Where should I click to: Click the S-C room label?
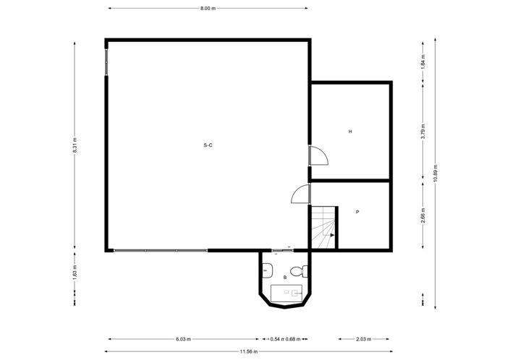coord(208,145)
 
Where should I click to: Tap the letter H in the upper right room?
coord(350,132)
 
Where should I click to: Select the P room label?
coord(357,212)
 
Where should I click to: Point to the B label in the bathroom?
coord(285,277)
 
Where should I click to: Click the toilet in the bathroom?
coord(305,272)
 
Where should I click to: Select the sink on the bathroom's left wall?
coord(267,272)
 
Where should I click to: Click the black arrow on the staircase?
coord(331,235)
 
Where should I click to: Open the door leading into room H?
coord(318,155)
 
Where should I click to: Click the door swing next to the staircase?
coord(301,194)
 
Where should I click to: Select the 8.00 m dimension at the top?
coord(208,9)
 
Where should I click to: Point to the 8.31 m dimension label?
coord(75,145)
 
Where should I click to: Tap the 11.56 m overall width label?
coord(251,351)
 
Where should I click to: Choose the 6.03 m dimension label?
coord(184,339)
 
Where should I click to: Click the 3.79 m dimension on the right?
coord(423,131)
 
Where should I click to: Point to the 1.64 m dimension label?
coord(423,61)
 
